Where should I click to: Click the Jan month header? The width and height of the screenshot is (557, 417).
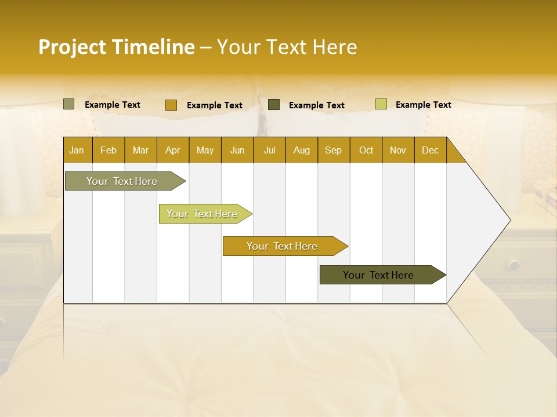pos(77,150)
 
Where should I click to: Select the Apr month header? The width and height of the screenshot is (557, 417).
pos(172,150)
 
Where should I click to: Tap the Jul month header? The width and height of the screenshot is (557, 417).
pos(269,150)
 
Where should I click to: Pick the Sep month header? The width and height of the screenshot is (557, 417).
pos(333,150)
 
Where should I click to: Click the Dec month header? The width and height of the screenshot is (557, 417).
pos(430,150)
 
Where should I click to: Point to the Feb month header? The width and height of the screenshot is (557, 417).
pos(108,150)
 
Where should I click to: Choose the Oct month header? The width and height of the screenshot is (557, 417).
pos(366,150)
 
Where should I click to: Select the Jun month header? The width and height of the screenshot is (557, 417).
pos(237,150)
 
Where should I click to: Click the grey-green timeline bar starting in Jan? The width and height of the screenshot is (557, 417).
pos(122,181)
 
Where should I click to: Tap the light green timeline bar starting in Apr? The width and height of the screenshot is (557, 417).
pos(202,214)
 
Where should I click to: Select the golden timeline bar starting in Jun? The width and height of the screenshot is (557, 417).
pos(282,246)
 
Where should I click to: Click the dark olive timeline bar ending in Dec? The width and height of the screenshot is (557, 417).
pos(378,275)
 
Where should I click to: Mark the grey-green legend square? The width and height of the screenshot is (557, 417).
pos(68,104)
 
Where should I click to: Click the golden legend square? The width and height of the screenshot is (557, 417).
pos(171,105)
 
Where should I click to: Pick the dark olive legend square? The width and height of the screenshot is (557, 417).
pos(274,104)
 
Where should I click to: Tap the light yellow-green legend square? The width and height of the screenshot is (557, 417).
pos(381,104)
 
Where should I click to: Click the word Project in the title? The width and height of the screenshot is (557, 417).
pos(73,47)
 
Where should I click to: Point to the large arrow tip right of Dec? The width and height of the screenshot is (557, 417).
pos(499,220)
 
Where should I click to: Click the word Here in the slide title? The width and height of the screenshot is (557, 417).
pos(335,47)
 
